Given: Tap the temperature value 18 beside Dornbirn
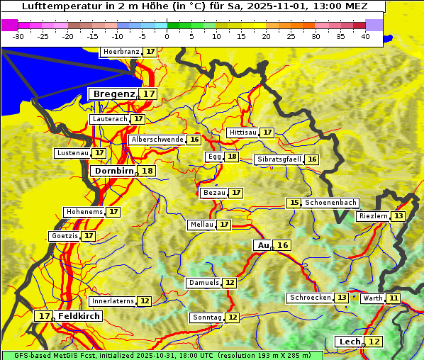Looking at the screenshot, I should (147, 171).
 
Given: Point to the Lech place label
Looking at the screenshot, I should (350, 342).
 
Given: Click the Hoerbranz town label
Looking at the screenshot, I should (121, 52).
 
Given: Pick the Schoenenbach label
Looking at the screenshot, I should (330, 203).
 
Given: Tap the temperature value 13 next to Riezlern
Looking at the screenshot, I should (399, 216).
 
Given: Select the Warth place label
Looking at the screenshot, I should (372, 298).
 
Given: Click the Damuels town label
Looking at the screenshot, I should (203, 283).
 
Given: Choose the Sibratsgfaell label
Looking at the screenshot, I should (279, 159).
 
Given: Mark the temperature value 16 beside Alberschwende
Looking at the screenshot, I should (194, 140).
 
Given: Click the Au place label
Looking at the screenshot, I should (263, 245).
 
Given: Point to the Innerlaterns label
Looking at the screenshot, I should (113, 301).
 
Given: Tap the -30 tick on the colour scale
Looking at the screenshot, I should (18, 35).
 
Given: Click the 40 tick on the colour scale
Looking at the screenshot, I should (365, 35).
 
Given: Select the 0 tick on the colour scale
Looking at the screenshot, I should (167, 35).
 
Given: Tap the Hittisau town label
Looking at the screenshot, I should (242, 133).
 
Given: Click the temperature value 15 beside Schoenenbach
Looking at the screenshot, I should (294, 203).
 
